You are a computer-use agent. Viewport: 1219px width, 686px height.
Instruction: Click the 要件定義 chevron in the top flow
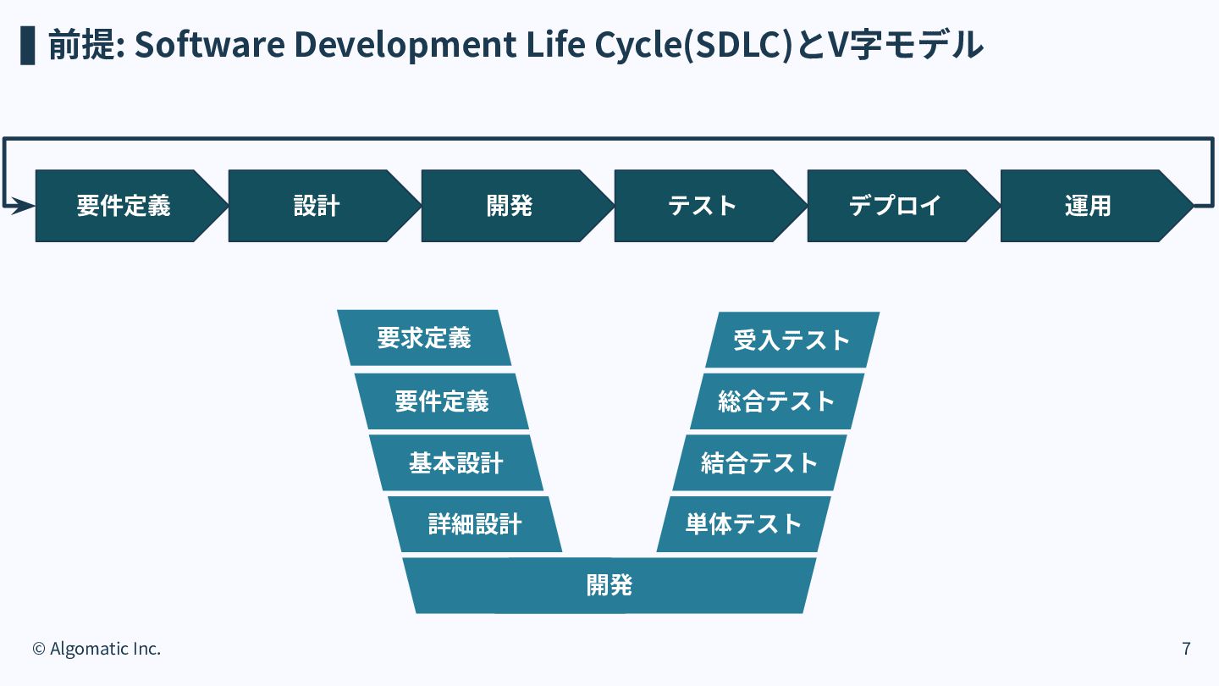pos(124,206)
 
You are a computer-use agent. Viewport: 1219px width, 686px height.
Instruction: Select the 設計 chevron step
pos(317,206)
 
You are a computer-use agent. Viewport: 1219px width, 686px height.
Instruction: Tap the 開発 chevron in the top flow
pos(510,206)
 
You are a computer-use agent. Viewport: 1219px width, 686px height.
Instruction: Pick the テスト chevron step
pos(703,206)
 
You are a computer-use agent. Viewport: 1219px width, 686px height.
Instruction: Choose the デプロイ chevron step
pos(896,206)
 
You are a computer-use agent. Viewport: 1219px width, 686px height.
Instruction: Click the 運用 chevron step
pos(1089,206)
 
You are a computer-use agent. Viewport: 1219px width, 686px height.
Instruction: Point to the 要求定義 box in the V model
pos(424,338)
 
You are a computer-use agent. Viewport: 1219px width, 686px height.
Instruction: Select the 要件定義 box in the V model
pos(441,401)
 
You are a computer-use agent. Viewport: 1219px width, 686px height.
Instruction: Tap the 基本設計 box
pos(456,462)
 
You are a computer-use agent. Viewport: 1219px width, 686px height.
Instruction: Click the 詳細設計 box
pos(475,524)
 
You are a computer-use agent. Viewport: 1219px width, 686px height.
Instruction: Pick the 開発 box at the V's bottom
pos(609,585)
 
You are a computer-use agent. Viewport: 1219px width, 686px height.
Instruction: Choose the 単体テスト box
pos(743,524)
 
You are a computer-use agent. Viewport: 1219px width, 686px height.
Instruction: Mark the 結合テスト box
pos(759,462)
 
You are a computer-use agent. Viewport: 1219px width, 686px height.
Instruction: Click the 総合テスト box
pos(777,401)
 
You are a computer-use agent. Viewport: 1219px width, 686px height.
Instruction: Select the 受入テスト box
pos(792,340)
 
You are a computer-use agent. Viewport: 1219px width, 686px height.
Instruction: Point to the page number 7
pos(1186,649)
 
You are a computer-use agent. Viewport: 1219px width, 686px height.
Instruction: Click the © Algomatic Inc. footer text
pos(97,649)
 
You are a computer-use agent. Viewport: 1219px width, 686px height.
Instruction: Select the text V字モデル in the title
pos(906,45)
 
